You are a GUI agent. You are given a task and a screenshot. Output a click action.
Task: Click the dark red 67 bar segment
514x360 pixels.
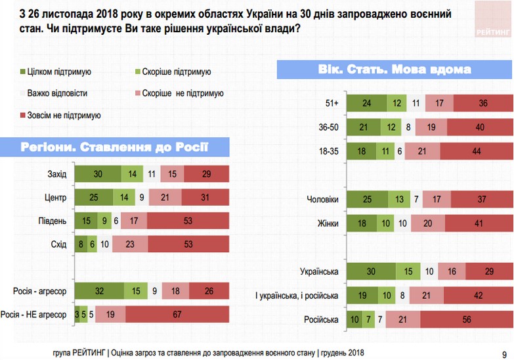click(x=177, y=314)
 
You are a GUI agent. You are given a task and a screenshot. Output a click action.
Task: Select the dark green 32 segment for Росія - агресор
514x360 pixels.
click(x=98, y=290)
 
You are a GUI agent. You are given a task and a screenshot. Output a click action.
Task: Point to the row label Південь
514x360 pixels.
click(x=53, y=221)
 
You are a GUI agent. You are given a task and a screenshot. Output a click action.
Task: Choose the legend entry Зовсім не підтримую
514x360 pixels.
click(x=58, y=115)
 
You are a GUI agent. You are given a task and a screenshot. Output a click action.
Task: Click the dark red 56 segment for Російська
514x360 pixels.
click(x=466, y=319)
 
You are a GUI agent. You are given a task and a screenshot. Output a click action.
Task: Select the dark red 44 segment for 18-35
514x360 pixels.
click(x=477, y=150)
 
